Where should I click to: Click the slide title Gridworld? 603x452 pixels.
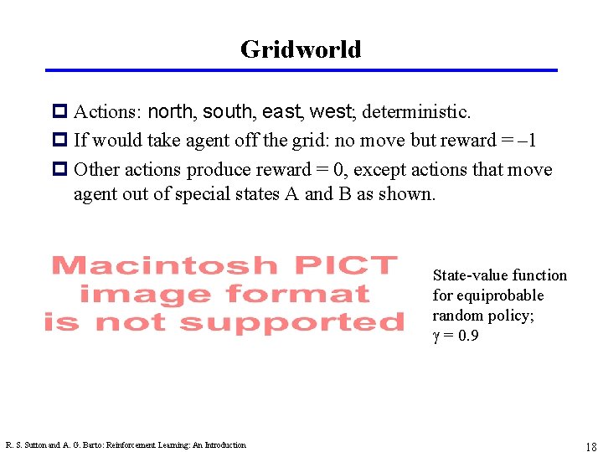pyautogui.click(x=301, y=49)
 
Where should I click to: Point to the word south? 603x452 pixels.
pyautogui.click(x=229, y=111)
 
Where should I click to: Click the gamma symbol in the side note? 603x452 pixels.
pyautogui.click(x=435, y=336)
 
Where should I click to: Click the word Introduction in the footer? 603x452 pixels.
pyautogui.click(x=223, y=445)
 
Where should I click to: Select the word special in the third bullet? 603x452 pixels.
pyautogui.click(x=205, y=195)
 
